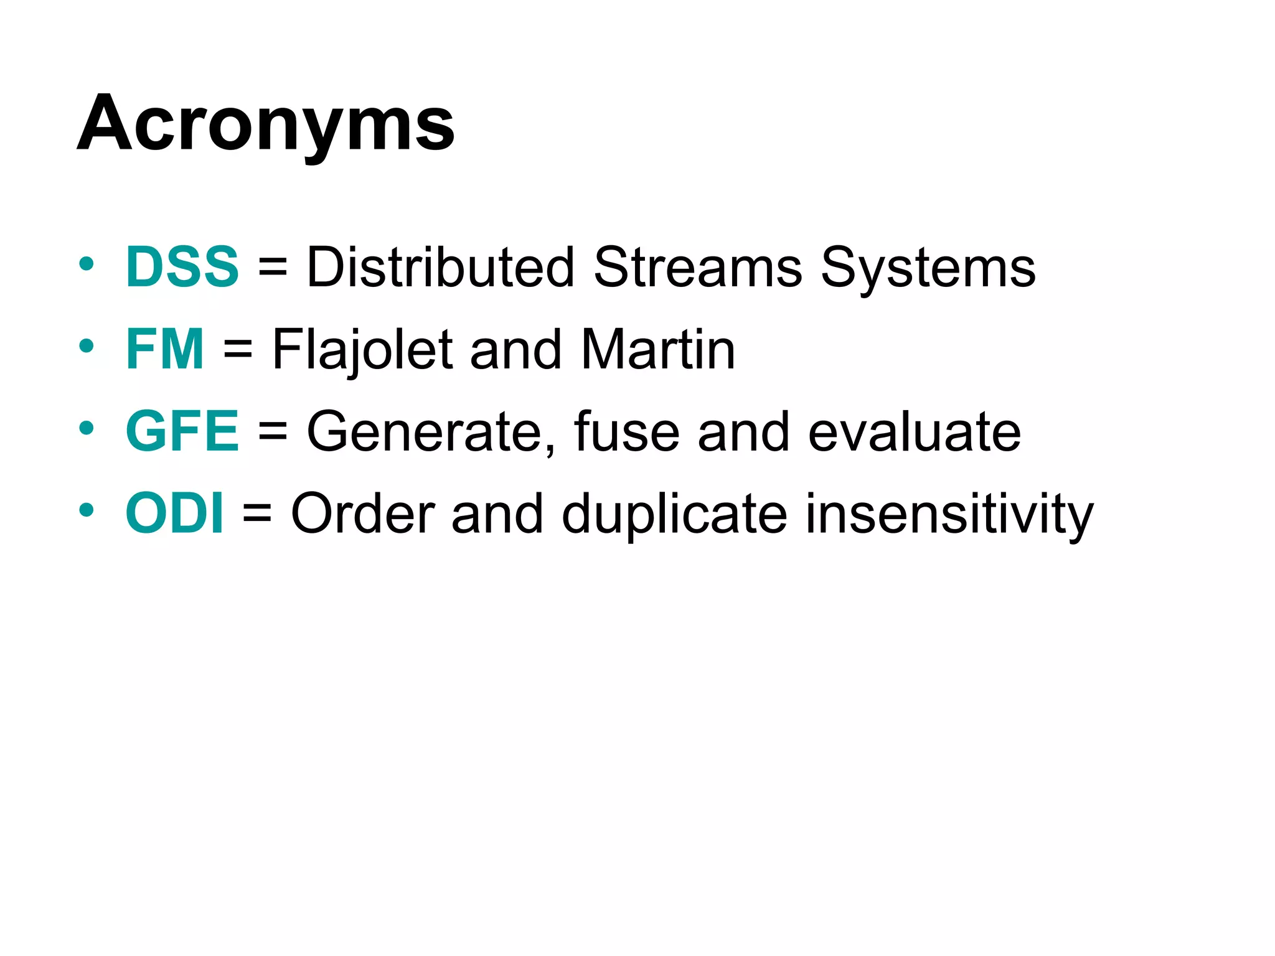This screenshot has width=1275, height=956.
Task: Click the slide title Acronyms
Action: click(266, 123)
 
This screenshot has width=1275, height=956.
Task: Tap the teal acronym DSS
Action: click(182, 267)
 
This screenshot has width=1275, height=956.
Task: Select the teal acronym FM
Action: click(164, 349)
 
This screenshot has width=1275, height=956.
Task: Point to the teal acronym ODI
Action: click(174, 513)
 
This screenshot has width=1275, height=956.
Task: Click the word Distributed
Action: click(440, 267)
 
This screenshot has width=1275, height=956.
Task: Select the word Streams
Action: click(698, 267)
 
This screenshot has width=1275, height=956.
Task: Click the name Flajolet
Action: click(362, 350)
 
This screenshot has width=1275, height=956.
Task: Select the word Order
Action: click(362, 513)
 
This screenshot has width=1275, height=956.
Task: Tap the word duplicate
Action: click(674, 515)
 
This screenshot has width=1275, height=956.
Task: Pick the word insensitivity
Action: click(949, 515)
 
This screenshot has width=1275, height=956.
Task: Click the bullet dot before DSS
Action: click(87, 264)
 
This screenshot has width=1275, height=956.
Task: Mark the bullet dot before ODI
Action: click(87, 510)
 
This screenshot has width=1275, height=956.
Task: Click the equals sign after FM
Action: click(238, 350)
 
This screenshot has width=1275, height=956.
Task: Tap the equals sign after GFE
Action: click(273, 433)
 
